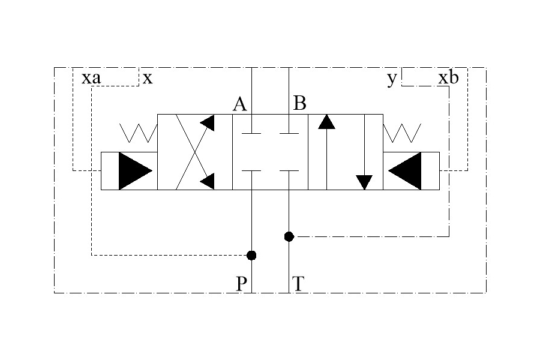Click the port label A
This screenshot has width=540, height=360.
click(239, 104)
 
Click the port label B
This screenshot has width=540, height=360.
click(299, 103)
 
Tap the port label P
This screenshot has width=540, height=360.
click(241, 284)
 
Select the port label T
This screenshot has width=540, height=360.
click(298, 284)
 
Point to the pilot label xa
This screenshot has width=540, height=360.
click(91, 79)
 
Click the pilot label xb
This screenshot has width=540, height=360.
click(449, 77)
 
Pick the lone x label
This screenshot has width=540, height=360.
click(148, 79)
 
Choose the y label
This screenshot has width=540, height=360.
click(392, 79)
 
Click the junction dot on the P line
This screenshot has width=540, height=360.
click(252, 255)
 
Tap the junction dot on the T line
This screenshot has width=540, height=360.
click(289, 236)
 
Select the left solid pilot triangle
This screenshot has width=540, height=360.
click(135, 171)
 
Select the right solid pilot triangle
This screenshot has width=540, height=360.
click(405, 171)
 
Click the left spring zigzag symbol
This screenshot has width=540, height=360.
click(139, 133)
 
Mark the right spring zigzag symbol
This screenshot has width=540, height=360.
click(402, 133)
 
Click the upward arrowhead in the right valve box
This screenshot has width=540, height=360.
click(326, 122)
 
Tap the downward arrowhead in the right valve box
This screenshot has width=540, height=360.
click(364, 182)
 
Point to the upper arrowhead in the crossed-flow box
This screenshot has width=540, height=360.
click(208, 123)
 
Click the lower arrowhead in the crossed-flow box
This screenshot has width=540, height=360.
click(208, 181)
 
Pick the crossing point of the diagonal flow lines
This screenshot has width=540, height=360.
click(195, 152)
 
